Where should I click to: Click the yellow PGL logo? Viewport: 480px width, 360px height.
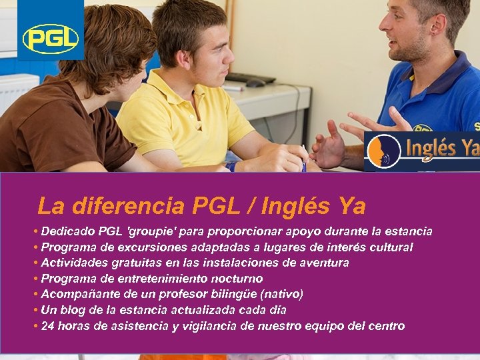point(51,39)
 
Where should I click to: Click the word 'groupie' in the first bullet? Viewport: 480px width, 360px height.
point(149,232)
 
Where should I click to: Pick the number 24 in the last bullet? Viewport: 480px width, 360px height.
point(48,326)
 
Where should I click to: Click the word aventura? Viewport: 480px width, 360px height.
point(322,263)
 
